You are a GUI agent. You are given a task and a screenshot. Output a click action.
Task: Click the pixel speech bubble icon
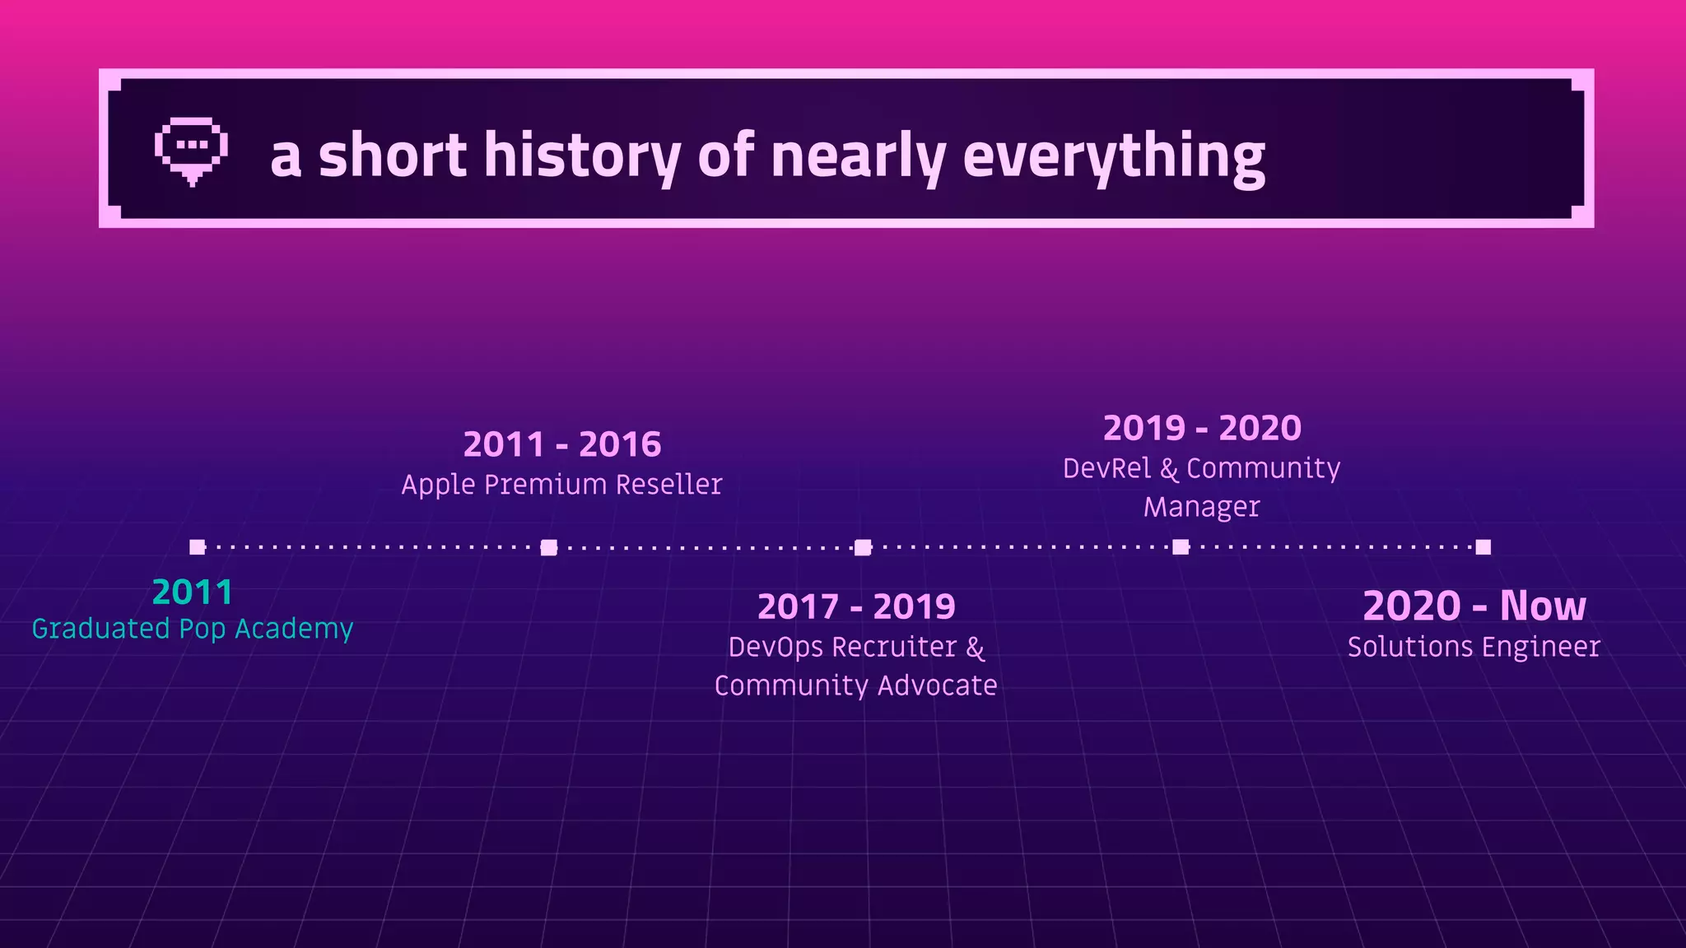click(191, 151)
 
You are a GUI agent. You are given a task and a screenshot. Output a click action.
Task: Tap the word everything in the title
click(1113, 156)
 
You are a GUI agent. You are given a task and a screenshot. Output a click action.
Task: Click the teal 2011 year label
click(193, 592)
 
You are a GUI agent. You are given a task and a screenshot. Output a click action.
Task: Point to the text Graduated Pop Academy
click(193, 629)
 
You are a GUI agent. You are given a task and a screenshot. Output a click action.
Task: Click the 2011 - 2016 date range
click(562, 445)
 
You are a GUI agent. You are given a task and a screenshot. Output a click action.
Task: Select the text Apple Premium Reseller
click(562, 485)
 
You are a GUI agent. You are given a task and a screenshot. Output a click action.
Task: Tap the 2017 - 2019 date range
click(856, 607)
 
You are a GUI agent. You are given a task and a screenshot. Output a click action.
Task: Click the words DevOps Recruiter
click(842, 648)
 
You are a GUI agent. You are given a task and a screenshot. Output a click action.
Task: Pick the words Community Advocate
click(856, 685)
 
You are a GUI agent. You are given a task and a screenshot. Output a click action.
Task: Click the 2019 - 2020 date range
click(1202, 429)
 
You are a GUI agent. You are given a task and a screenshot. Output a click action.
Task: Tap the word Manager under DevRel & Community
click(1202, 507)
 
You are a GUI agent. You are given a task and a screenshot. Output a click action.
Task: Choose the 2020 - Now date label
click(1474, 606)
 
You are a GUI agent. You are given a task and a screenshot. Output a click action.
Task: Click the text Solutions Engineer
click(1474, 647)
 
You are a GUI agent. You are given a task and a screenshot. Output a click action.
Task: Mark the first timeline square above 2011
click(197, 547)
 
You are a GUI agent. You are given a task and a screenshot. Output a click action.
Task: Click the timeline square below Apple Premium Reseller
click(549, 548)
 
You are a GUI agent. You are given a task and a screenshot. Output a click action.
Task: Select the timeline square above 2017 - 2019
click(863, 548)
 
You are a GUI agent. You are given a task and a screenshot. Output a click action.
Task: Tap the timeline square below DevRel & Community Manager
click(1181, 547)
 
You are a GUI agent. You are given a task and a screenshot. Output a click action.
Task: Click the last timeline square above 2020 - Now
click(1483, 547)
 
